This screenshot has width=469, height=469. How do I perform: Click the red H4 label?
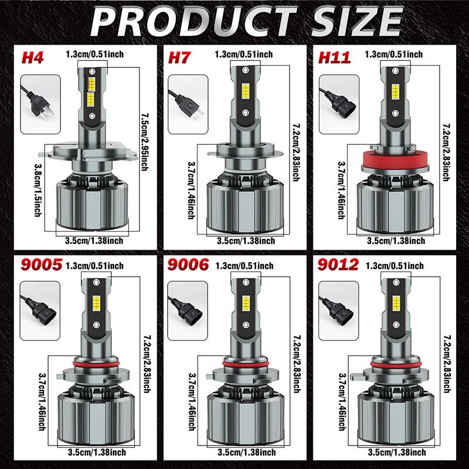[x=33, y=57]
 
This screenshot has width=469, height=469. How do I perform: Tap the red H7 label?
[x=179, y=57]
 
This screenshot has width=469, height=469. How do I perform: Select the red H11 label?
[x=334, y=57]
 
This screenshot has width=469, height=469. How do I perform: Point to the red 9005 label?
[x=41, y=264]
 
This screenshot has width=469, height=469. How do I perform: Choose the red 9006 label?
[x=188, y=264]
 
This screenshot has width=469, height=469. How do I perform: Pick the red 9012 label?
[x=338, y=264]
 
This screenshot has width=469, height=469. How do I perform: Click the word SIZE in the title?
[x=357, y=22]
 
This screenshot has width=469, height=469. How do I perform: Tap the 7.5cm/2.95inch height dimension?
[x=145, y=142]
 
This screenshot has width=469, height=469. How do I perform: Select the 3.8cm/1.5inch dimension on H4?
[x=38, y=190]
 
